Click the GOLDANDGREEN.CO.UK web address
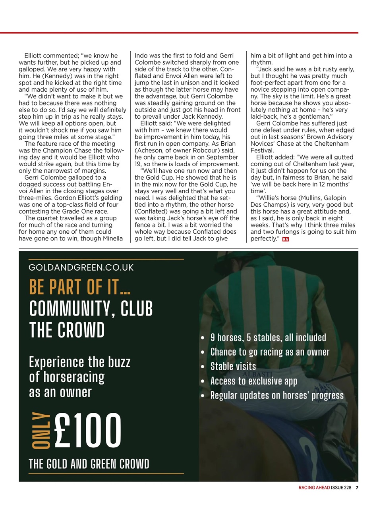(81, 267)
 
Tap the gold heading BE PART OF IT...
(80, 287)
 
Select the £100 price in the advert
(87, 430)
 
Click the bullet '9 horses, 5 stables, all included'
(268, 337)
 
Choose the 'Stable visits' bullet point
(233, 366)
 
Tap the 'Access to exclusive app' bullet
(253, 381)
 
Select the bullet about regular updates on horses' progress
(277, 396)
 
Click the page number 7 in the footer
(357, 488)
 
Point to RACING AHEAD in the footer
(314, 488)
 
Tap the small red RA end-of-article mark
(285, 239)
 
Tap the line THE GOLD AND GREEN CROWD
(89, 464)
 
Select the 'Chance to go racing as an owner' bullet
(270, 352)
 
